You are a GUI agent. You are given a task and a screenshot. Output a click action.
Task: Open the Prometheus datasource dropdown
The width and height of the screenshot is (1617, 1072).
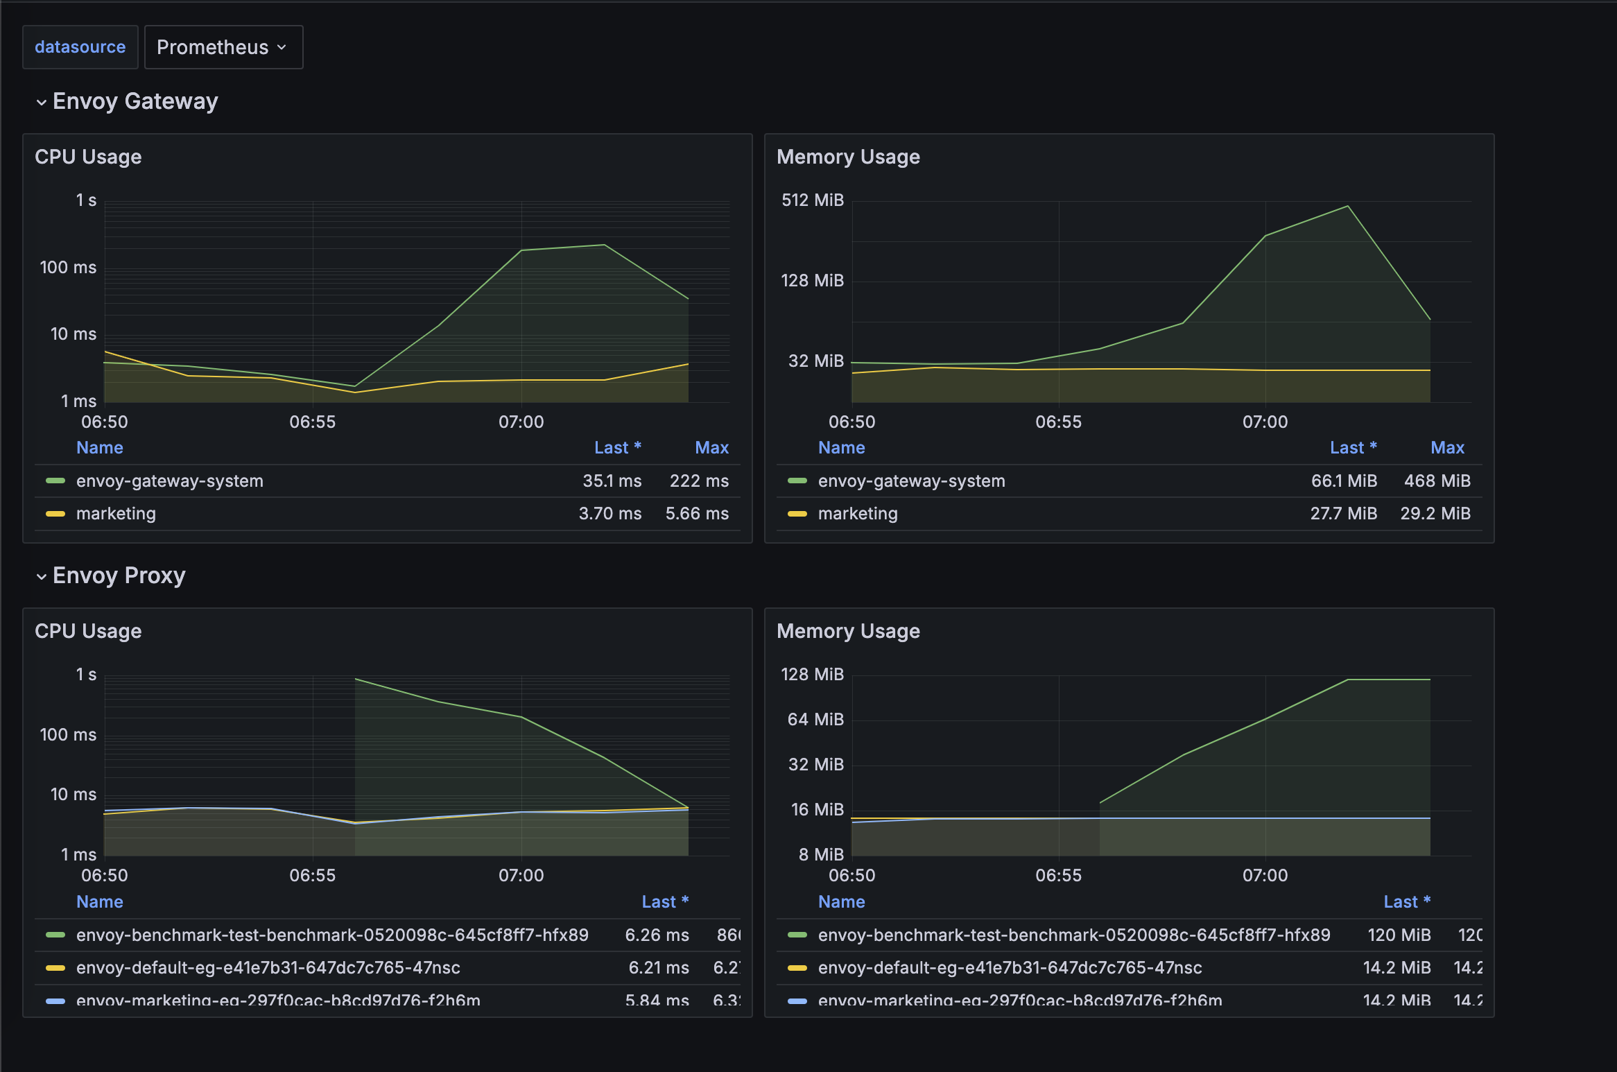click(223, 47)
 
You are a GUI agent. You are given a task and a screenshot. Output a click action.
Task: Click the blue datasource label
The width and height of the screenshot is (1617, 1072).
click(80, 47)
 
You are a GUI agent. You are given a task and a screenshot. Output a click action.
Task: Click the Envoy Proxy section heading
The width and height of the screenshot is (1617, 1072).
click(119, 576)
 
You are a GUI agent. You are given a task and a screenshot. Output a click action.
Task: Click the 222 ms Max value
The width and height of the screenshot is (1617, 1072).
click(698, 481)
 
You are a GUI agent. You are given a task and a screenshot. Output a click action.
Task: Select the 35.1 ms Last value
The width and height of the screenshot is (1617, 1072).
click(612, 481)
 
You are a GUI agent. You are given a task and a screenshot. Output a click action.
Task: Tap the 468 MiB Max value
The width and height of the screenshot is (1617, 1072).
click(1437, 481)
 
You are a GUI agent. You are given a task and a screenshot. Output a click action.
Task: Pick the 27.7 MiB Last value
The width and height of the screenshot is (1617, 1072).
click(1343, 514)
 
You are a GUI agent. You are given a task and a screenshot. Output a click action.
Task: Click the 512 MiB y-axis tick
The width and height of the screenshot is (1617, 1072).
click(812, 200)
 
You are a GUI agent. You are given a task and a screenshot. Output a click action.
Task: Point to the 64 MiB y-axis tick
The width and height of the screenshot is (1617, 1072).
click(815, 720)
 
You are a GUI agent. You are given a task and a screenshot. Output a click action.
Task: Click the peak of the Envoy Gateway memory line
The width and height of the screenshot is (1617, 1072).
click(1347, 206)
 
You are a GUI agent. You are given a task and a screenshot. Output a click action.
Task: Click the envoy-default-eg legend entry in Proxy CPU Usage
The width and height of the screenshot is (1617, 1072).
click(268, 968)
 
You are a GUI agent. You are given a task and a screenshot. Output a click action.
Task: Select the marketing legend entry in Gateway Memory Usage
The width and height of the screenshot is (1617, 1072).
click(858, 514)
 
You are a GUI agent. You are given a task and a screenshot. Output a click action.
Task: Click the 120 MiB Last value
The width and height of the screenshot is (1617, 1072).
click(1399, 935)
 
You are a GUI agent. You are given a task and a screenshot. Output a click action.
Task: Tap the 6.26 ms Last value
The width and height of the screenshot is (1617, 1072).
click(657, 935)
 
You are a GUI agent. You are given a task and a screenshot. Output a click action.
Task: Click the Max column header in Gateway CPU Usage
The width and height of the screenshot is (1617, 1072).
click(711, 448)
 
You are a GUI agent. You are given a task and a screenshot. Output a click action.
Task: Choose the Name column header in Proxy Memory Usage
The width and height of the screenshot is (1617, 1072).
click(841, 902)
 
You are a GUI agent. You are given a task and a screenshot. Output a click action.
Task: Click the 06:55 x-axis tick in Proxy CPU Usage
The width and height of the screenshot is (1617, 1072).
click(313, 876)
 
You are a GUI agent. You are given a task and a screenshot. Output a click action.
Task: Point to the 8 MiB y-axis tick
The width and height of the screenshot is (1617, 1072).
click(821, 855)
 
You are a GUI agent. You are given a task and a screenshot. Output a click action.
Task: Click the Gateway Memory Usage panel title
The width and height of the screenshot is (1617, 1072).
click(848, 157)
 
